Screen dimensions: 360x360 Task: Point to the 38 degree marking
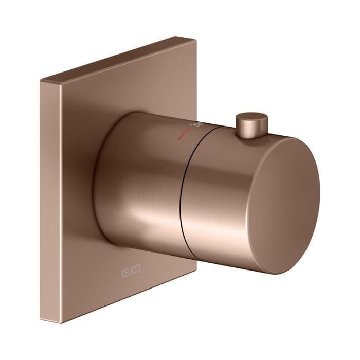tap(195, 125)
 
